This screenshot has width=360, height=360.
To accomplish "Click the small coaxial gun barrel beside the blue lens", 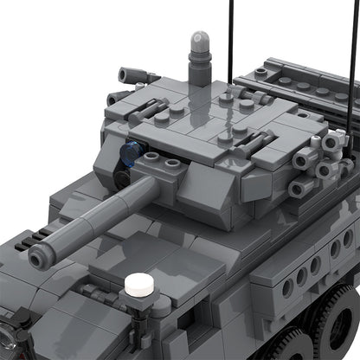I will coord(122,178).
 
